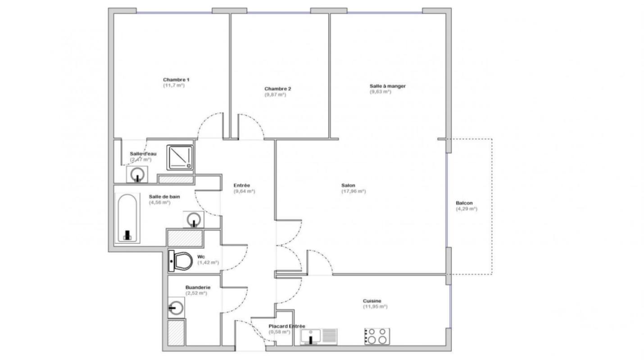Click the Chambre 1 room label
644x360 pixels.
[173, 80]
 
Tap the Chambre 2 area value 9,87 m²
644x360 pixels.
[275, 94]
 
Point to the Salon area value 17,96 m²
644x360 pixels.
[354, 191]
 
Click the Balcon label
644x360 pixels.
[464, 203]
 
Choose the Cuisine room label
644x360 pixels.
[372, 301]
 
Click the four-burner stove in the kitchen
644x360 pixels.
[377, 336]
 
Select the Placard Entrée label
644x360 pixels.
[286, 326]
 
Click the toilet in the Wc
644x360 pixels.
[181, 261]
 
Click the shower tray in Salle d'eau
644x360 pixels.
[181, 157]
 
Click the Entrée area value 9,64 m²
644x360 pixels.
[244, 191]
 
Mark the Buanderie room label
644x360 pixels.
[198, 287]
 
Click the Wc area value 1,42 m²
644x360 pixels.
[208, 262]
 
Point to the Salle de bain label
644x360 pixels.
[164, 196]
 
